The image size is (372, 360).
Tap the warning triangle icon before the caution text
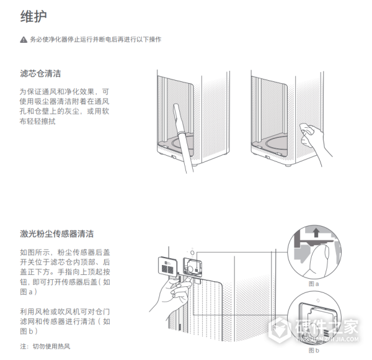tap(24, 40)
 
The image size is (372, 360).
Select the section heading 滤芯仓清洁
tap(40, 74)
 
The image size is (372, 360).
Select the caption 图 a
tap(314, 283)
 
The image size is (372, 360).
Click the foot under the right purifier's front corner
tap(289, 166)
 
